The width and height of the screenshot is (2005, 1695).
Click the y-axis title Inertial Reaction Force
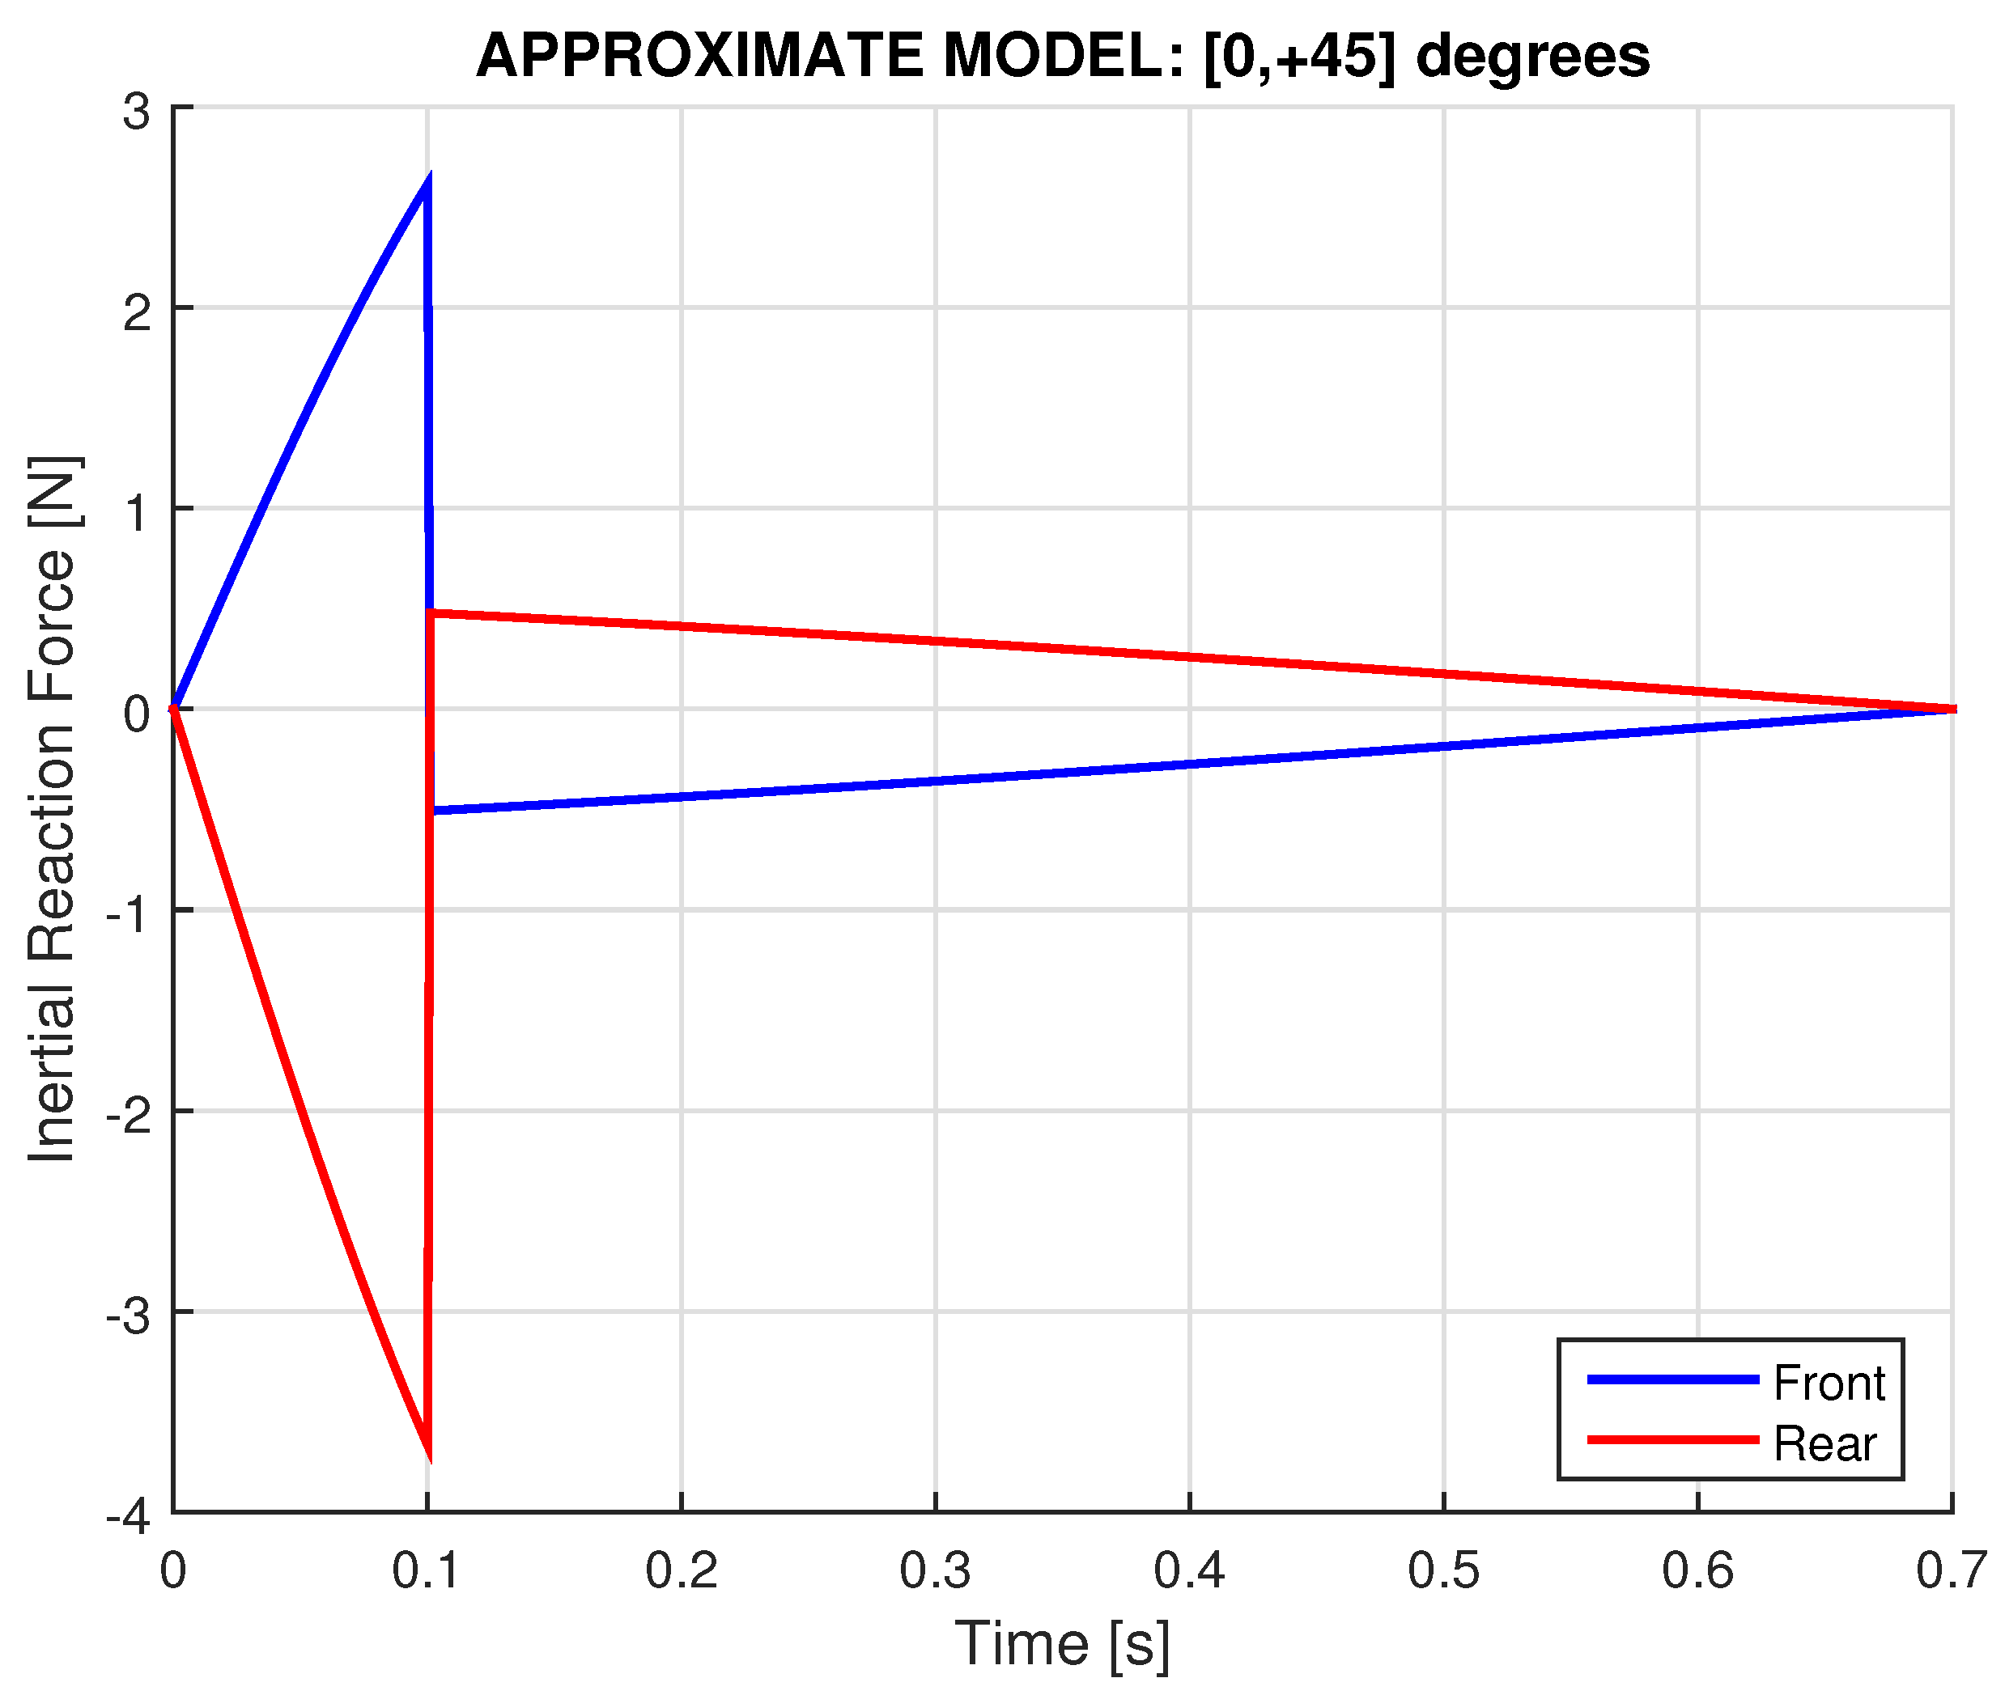point(52,808)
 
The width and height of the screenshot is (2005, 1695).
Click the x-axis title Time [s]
point(1062,1642)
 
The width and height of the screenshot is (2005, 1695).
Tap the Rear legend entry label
point(1824,1443)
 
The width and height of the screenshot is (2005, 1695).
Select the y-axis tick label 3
point(137,112)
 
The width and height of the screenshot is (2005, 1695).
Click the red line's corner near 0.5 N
point(431,612)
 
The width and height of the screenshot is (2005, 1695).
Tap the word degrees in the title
point(1532,56)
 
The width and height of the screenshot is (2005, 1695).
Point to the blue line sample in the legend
point(1672,1379)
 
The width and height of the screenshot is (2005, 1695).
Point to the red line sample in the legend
point(1672,1440)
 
